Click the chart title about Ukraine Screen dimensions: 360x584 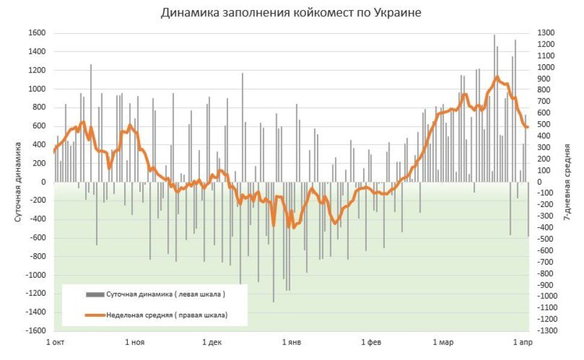tap(291, 13)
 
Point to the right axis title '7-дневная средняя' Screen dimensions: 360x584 tap(567, 182)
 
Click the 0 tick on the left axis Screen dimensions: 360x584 tap(43, 182)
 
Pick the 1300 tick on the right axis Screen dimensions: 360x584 tap(546, 33)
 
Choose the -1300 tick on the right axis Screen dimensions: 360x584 tap(547, 331)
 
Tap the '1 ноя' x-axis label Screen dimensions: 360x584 tap(134, 343)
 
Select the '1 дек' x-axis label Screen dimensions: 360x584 tap(212, 343)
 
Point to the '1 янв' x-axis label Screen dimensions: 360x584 tap(292, 343)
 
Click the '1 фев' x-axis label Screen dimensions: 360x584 tap(371, 343)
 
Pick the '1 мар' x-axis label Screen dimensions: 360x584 tap(443, 343)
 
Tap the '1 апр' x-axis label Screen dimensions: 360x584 tap(522, 343)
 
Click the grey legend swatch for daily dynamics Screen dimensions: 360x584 tap(95, 295)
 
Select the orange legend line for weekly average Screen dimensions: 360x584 tap(95, 314)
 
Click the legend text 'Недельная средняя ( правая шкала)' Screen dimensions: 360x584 tap(167, 314)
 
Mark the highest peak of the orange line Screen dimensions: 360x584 tap(497, 77)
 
